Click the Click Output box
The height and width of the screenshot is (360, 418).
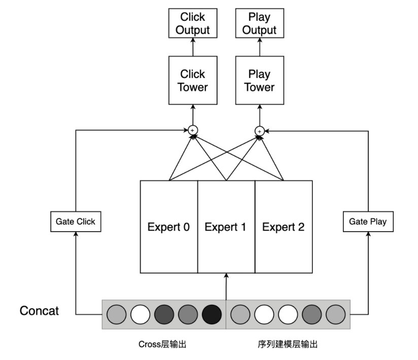192,23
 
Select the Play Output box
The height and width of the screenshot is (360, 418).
259,23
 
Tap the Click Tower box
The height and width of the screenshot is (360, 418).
193,81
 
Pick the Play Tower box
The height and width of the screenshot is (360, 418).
259,81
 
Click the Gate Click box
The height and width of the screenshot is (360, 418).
76,222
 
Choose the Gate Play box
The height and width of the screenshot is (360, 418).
368,222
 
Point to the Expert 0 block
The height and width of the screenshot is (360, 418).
168,227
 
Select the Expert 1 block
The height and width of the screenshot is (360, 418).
226,227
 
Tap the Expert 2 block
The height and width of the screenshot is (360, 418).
284,227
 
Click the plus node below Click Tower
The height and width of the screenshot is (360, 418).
193,131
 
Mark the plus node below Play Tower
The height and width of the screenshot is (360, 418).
259,131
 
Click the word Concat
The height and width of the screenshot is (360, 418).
39,310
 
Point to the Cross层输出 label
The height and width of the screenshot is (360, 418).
162,345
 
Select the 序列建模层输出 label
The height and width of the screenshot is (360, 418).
288,345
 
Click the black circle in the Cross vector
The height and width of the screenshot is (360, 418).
212,314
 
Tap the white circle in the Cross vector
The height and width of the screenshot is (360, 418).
140,314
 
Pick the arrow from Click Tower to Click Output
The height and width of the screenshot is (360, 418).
193,47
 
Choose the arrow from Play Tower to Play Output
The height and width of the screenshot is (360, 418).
259,47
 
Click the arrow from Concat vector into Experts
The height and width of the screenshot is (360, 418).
226,286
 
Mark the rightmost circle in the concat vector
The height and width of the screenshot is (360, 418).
335,314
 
